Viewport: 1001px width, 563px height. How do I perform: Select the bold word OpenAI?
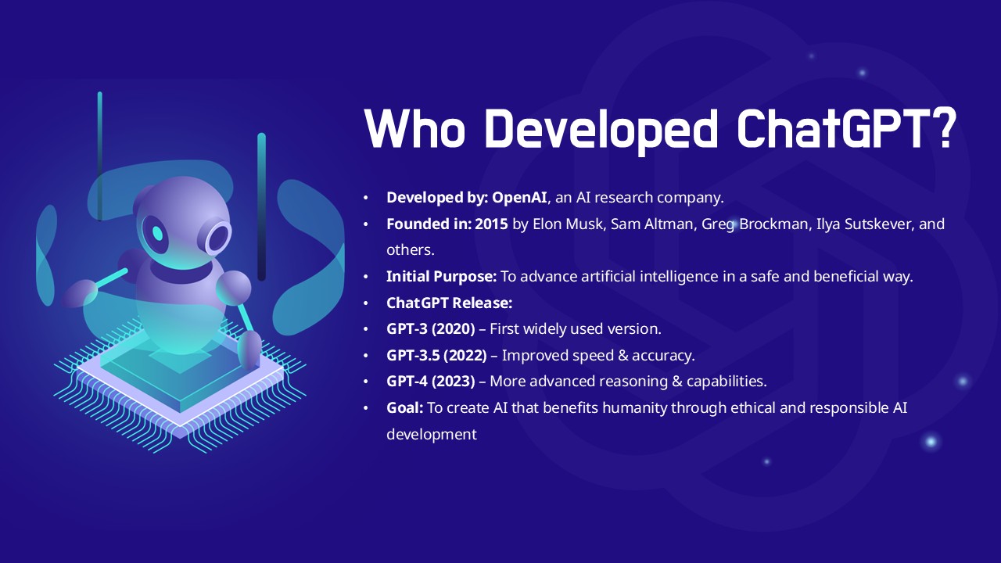point(519,197)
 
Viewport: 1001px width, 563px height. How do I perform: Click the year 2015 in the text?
point(491,224)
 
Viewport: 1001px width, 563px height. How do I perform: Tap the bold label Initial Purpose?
point(442,277)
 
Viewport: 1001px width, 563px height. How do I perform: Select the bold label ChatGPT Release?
point(449,303)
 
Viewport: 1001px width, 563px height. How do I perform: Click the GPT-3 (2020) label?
point(431,329)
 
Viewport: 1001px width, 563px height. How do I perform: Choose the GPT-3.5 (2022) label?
point(436,356)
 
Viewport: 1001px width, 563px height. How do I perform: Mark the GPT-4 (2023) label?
point(431,382)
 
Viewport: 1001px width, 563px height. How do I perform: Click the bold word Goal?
point(405,408)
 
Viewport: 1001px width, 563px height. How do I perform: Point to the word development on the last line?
point(432,435)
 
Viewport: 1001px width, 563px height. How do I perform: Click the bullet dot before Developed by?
point(366,198)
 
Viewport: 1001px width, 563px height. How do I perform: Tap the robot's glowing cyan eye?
point(157,233)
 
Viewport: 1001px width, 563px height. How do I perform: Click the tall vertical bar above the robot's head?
point(99,156)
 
